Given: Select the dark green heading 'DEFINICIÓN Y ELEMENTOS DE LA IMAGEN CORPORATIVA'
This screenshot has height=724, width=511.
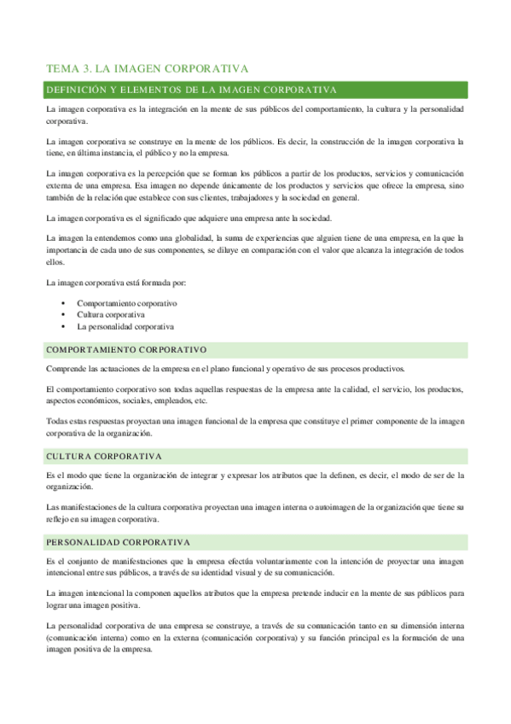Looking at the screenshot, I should tap(192, 90).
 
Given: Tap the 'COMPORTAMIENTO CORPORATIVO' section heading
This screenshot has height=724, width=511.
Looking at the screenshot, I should tap(126, 351).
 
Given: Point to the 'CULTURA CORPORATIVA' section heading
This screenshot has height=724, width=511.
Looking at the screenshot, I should tap(104, 457).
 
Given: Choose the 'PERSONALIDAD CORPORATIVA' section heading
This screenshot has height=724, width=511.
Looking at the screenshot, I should tap(118, 542).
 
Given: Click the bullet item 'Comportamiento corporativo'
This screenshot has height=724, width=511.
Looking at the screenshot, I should tap(127, 303).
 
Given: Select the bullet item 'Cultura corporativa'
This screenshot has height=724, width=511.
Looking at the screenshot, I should tap(111, 315).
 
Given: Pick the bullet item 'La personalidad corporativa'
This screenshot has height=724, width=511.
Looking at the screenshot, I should tap(125, 327).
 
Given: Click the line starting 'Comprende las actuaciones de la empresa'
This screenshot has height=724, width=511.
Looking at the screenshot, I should tap(225, 369).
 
